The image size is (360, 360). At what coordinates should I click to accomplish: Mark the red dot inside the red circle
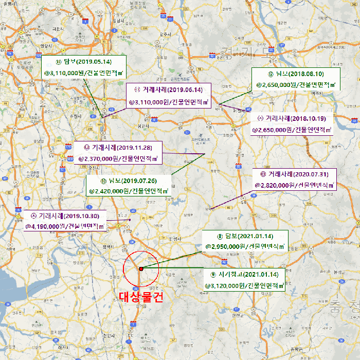pos(141,268)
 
